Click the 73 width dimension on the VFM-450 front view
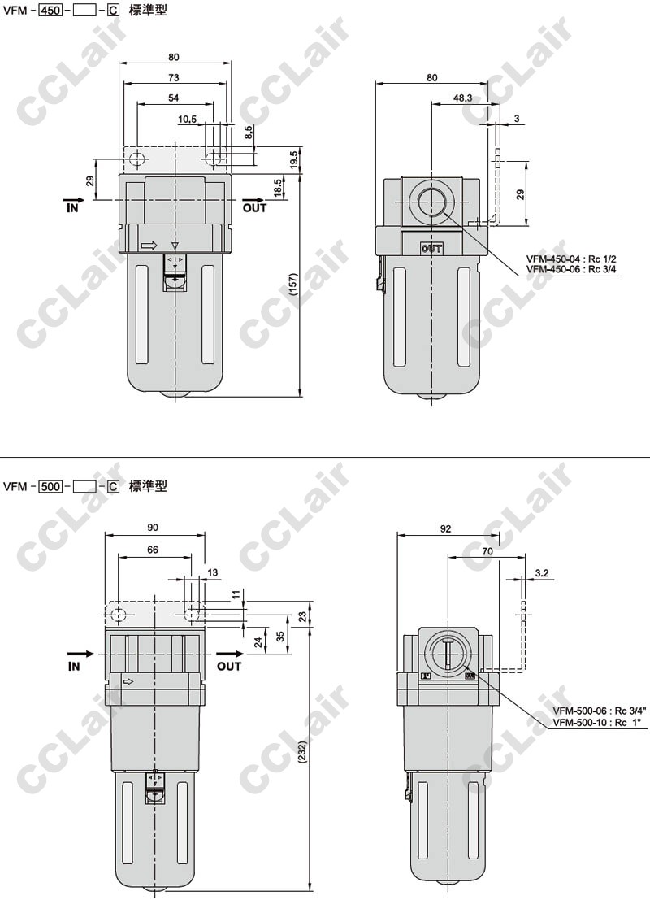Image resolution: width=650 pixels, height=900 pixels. (x=173, y=77)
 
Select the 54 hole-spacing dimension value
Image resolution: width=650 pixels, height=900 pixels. (x=173, y=98)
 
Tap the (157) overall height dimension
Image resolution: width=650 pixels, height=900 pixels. (x=293, y=285)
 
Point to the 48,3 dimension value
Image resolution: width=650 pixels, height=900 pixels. (x=462, y=98)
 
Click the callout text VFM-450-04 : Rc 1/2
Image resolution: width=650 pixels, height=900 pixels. (x=563, y=259)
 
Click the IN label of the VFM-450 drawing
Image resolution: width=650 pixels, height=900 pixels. (x=73, y=208)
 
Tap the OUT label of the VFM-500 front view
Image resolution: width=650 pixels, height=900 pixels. (x=229, y=667)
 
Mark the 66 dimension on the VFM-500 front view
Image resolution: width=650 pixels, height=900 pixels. (x=153, y=550)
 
